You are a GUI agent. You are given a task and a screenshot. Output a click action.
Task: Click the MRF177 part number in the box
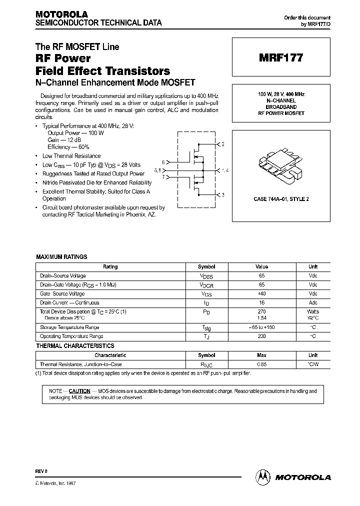tap(281, 58)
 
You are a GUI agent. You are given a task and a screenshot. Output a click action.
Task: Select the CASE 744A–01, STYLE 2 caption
tap(281, 199)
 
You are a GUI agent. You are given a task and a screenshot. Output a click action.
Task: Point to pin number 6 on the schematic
tap(163, 162)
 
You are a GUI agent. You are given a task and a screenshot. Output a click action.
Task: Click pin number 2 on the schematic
tap(223, 144)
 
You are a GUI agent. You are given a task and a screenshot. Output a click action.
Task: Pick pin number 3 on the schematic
tap(223, 194)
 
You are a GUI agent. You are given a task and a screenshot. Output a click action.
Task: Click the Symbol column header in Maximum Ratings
tap(206, 267)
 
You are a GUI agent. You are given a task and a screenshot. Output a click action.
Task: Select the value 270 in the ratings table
tap(261, 311)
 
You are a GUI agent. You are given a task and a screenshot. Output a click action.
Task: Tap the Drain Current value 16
tap(261, 302)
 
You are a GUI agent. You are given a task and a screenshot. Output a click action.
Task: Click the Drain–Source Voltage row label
tap(62, 276)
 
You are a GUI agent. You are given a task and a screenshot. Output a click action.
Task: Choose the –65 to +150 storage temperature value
tap(261, 327)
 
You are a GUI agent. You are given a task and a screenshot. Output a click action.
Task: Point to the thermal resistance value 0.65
tap(261, 364)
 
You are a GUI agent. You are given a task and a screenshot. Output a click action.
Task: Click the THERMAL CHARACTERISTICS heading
tap(75, 346)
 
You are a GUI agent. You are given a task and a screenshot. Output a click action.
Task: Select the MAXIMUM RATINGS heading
tap(61, 257)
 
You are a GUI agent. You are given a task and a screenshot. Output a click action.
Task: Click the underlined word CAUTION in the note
tap(79, 391)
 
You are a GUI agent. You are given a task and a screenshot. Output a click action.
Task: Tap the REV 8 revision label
tap(41, 471)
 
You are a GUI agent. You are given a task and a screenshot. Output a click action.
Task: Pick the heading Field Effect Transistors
tap(102, 70)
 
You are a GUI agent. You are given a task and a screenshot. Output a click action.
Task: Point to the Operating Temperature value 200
tap(261, 336)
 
